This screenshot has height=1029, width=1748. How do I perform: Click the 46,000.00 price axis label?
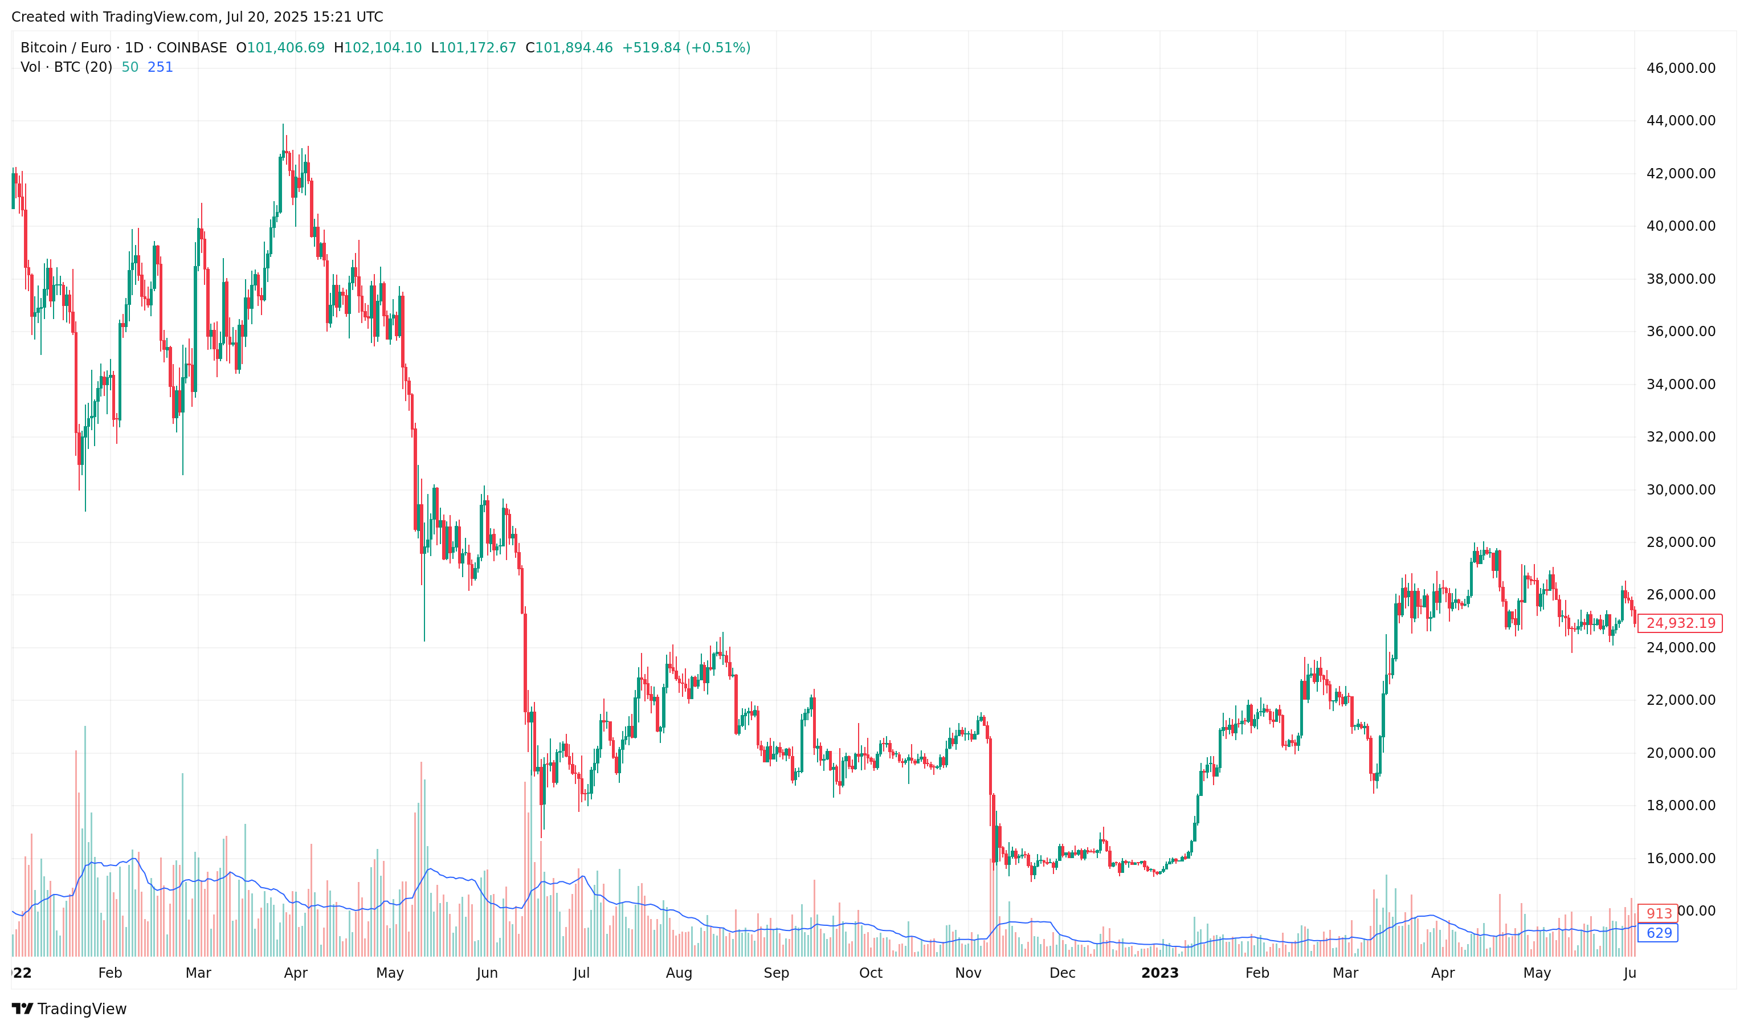click(1680, 68)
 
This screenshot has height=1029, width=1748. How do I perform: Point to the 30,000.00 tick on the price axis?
click(1680, 490)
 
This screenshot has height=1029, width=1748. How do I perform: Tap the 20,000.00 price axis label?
click(1680, 753)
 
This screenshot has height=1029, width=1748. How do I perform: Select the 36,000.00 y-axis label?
click(1680, 332)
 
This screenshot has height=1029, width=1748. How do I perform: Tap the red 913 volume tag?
click(1659, 914)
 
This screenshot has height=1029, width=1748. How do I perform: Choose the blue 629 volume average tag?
click(1659, 933)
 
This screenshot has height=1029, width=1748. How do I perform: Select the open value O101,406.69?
click(280, 48)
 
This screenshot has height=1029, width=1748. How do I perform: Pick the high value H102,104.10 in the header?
click(378, 48)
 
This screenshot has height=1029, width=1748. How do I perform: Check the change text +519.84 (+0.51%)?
click(686, 48)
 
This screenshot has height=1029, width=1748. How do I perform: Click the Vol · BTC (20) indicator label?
click(66, 67)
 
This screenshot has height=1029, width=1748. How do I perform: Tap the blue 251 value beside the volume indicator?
click(160, 67)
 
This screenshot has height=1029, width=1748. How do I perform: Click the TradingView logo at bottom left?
click(70, 1009)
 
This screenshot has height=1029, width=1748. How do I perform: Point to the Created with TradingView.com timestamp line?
click(197, 17)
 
